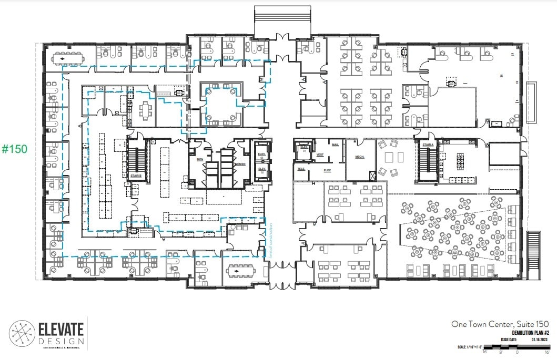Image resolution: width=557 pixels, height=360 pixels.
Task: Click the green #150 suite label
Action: pos(15,149)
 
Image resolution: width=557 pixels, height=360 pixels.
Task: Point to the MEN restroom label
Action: pos(200,159)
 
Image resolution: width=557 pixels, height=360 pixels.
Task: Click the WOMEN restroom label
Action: pos(240,164)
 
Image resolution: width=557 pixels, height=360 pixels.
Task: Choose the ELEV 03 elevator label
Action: pos(261,156)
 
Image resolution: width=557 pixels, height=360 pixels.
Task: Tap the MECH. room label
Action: pos(360,157)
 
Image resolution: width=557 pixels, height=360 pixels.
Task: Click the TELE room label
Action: pos(301,169)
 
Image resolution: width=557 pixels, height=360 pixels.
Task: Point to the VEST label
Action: pos(319,155)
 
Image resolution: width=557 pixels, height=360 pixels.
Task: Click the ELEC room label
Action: pos(326,170)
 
